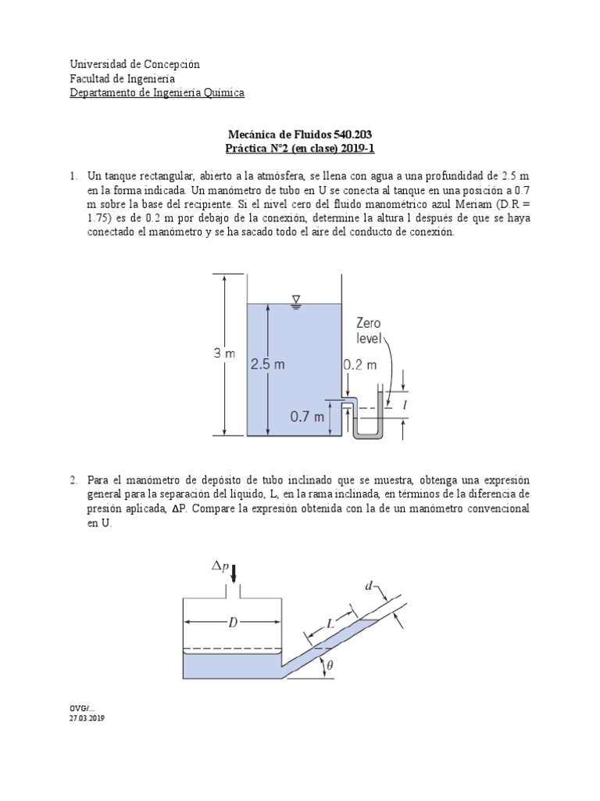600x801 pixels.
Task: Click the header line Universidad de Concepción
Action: tap(134, 64)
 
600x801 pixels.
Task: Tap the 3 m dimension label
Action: tap(224, 354)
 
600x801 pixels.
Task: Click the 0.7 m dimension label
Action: tap(307, 417)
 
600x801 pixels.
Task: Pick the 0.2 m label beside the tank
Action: tap(360, 365)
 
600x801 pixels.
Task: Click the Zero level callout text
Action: tap(368, 329)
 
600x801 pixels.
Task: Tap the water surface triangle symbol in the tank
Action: tap(295, 299)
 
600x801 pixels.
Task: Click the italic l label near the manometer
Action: tap(404, 405)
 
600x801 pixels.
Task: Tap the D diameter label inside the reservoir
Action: tap(233, 623)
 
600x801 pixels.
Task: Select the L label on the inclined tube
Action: tap(330, 624)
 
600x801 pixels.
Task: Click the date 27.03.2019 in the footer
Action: tap(87, 718)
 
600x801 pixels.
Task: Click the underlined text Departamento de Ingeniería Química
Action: tap(157, 92)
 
